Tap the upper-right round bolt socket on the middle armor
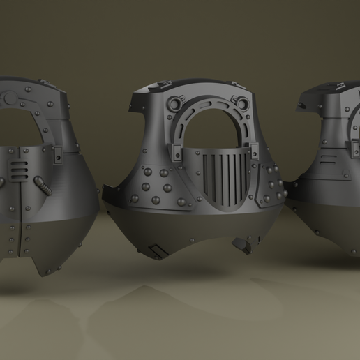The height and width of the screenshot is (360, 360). tap(243, 105)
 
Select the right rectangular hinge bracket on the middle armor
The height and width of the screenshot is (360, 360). tap(255, 149)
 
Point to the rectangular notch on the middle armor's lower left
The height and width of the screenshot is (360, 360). tap(157, 248)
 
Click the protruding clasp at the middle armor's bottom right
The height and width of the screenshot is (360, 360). tap(245, 246)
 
